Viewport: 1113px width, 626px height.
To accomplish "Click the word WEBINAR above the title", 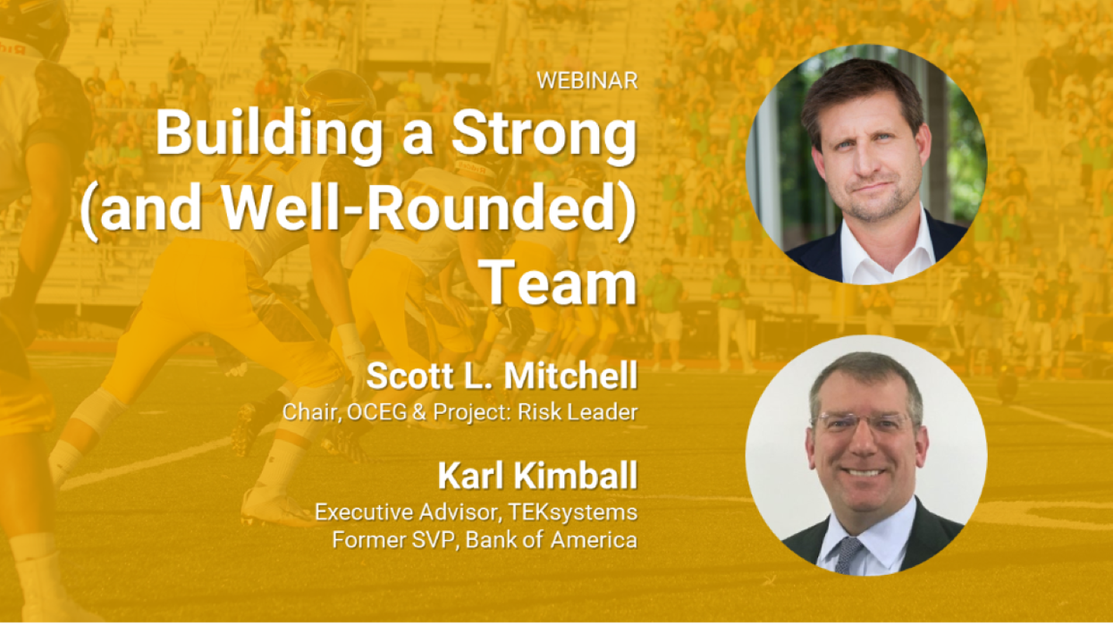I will pos(586,80).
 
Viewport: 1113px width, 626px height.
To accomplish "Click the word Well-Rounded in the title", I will pos(420,211).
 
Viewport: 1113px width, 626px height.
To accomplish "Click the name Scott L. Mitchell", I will pos(502,376).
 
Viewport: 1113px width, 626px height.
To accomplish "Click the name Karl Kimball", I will pos(537,477).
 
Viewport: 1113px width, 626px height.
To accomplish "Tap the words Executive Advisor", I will pos(401,512).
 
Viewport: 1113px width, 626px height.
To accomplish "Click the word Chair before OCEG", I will pos(308,412).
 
